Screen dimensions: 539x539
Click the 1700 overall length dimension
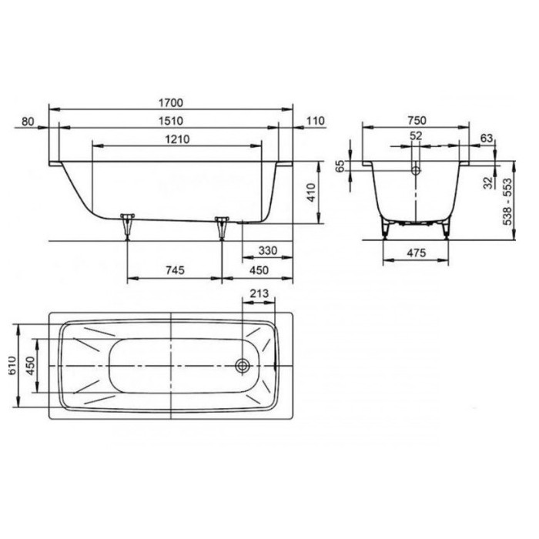pyautogui.click(x=171, y=102)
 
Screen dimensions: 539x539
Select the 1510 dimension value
pyautogui.click(x=171, y=121)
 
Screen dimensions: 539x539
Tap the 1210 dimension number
pyautogui.click(x=177, y=139)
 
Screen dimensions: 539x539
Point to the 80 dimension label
pyautogui.click(x=28, y=122)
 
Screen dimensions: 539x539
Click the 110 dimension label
pyautogui.click(x=315, y=121)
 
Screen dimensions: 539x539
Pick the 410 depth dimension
pyautogui.click(x=311, y=192)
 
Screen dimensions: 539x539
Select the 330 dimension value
pyautogui.click(x=268, y=250)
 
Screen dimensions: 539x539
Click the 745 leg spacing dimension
pyautogui.click(x=175, y=270)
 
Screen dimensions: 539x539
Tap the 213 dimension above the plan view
pyautogui.click(x=259, y=293)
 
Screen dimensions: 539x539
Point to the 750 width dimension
pyautogui.click(x=417, y=121)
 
